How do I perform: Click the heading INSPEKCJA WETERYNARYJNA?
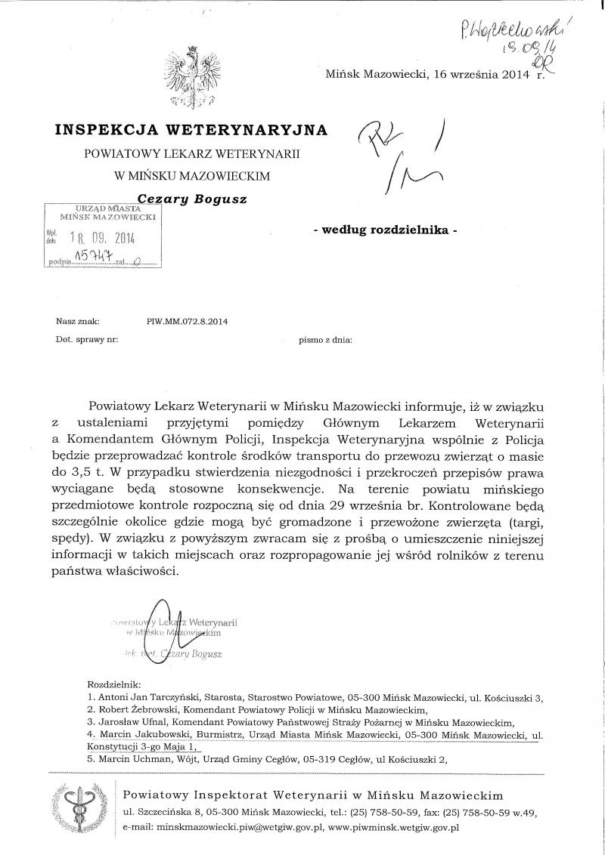pos(191,130)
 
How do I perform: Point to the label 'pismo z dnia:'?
pos(325,340)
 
